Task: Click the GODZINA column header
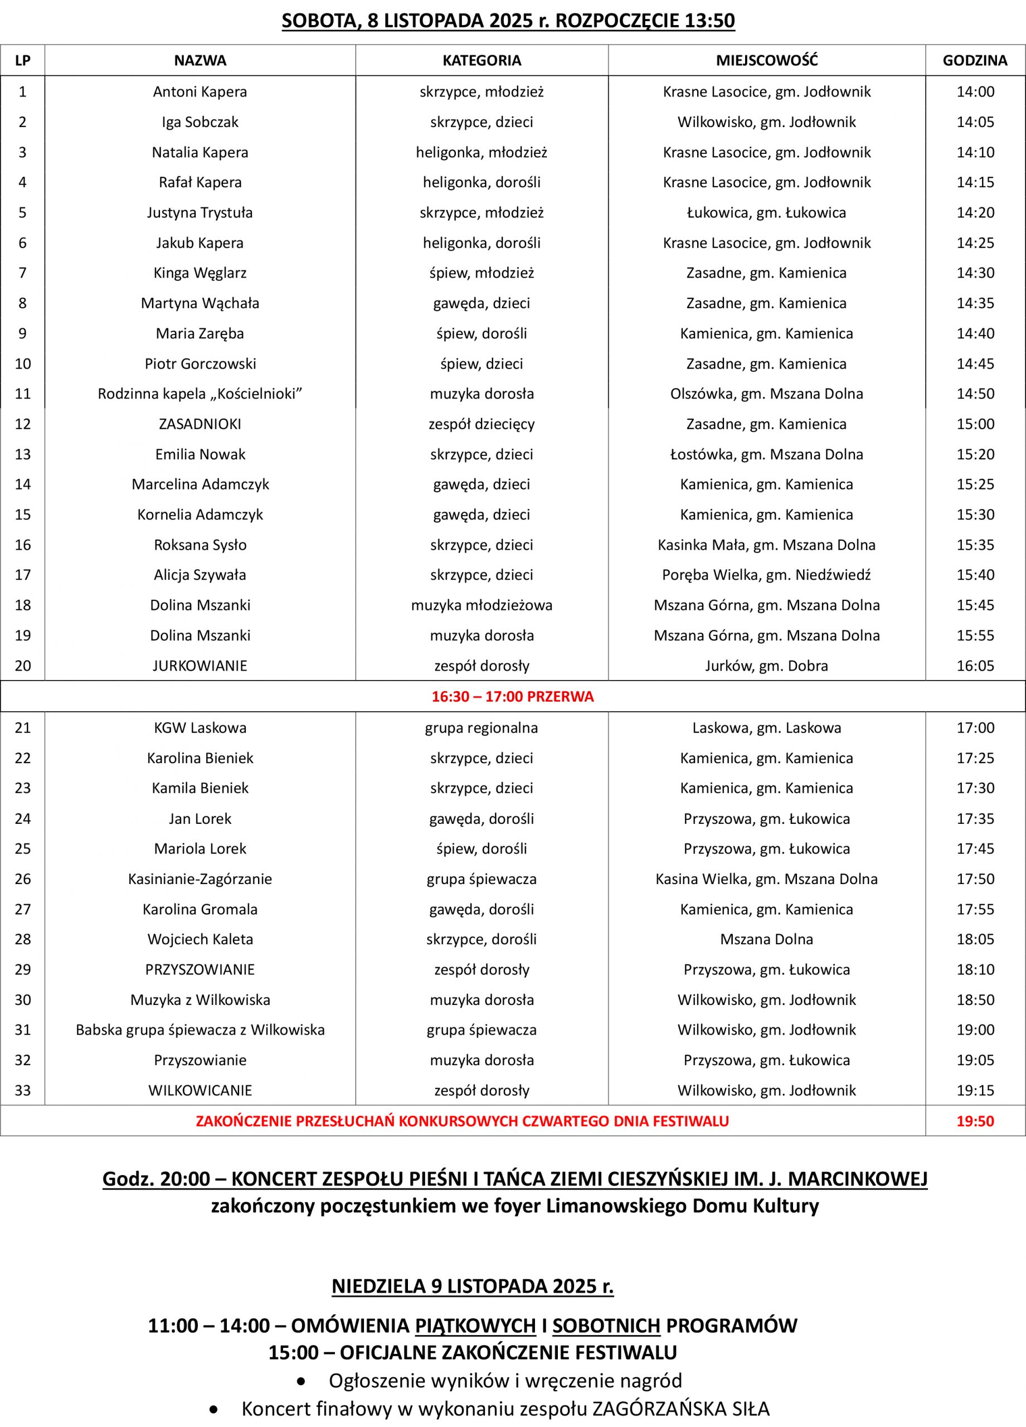(974, 60)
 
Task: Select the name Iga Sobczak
(200, 122)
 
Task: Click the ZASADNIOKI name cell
(200, 424)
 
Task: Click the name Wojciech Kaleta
(200, 939)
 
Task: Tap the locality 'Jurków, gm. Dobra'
(766, 666)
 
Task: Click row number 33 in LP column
(23, 1090)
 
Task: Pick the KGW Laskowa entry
(200, 728)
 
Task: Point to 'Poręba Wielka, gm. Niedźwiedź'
(766, 575)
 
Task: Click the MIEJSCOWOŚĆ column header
(766, 60)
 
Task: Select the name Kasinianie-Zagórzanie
(200, 879)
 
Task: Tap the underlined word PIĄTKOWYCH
(475, 1326)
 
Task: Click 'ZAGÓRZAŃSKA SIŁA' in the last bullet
(681, 1409)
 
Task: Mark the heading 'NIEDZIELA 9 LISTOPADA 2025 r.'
(473, 1286)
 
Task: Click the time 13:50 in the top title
(709, 21)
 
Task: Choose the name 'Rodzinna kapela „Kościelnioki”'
(200, 394)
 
